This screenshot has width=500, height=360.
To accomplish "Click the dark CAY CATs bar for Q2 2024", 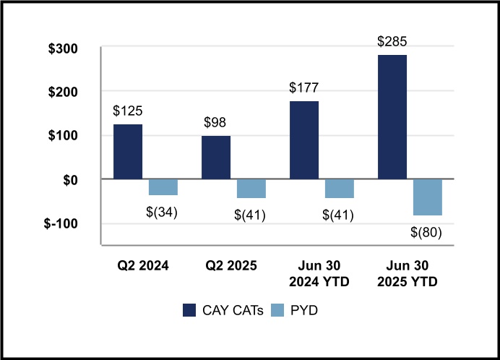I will point(128,152).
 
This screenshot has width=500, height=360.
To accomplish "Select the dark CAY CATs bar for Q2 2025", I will point(216,158).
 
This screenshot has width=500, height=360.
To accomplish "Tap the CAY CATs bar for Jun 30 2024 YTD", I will point(304,140).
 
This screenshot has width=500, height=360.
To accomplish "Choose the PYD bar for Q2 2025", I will point(251,189).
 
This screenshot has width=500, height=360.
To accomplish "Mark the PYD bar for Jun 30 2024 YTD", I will point(340,189).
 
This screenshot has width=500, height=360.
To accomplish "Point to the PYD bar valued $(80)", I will point(428,197).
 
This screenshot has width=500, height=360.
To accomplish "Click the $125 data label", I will point(128,111).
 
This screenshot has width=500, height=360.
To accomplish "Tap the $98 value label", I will point(216,123).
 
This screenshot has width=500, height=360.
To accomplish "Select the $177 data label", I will point(304,88).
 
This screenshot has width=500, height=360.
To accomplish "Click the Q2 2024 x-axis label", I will point(143,265).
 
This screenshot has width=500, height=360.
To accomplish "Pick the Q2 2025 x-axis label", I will point(231,265).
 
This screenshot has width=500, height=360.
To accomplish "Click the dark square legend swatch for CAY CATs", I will point(189,310).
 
